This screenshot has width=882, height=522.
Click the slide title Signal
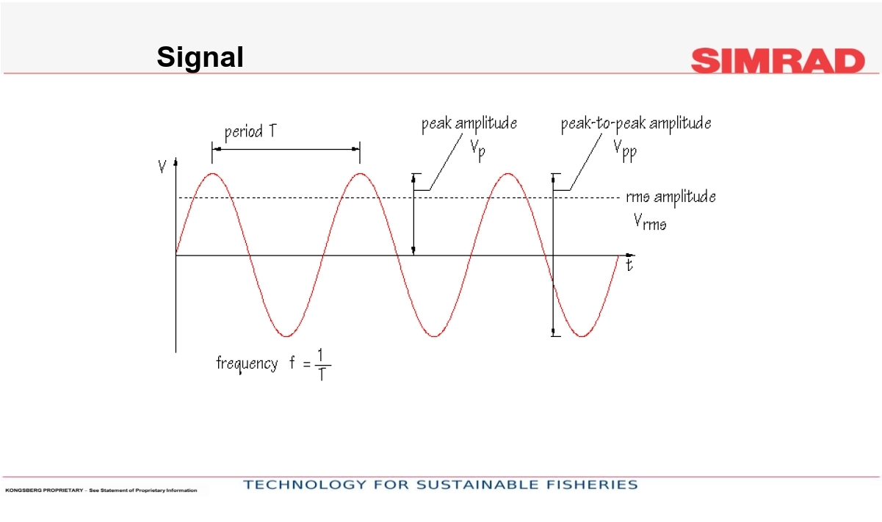(200, 58)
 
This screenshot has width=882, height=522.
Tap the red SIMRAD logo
(778, 61)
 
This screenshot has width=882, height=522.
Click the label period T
(250, 131)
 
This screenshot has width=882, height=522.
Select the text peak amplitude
(469, 123)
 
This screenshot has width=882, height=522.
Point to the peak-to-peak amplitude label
(636, 123)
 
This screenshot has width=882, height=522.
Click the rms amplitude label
(670, 197)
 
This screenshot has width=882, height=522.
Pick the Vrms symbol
(650, 222)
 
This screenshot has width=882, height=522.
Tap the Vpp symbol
(625, 151)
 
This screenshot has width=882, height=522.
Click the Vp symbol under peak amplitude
(477, 151)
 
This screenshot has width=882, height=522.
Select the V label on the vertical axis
(162, 167)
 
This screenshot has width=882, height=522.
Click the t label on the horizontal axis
(629, 265)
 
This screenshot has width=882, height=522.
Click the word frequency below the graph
(247, 363)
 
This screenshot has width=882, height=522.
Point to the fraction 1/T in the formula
(322, 365)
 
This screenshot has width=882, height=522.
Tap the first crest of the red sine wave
(213, 173)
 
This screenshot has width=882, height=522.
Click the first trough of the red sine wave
(286, 336)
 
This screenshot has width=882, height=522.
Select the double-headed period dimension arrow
(286, 149)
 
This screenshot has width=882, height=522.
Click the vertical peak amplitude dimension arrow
(413, 214)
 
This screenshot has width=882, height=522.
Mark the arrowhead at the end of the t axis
(630, 255)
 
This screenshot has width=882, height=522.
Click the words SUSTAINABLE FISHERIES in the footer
(527, 485)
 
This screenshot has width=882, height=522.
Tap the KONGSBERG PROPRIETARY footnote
(101, 490)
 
